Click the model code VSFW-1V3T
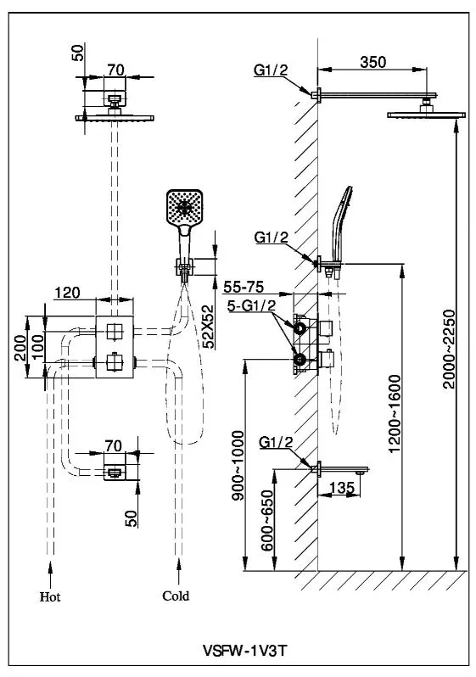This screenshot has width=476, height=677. [244, 650]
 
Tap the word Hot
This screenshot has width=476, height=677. [50, 597]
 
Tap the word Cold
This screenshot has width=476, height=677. [176, 596]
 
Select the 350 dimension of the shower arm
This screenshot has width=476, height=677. [373, 62]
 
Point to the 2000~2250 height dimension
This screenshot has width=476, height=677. [449, 349]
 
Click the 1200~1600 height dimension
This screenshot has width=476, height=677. [395, 414]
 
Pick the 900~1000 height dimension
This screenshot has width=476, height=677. [238, 465]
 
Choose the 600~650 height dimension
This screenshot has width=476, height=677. [268, 520]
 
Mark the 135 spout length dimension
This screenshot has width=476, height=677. [342, 488]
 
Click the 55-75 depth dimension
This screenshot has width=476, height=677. [244, 287]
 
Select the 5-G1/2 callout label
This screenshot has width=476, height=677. [252, 305]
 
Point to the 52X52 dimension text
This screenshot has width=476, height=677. [208, 327]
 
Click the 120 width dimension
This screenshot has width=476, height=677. [67, 293]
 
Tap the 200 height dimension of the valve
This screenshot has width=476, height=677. [20, 348]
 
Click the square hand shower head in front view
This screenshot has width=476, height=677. [184, 208]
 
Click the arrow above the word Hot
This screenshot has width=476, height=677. [51, 573]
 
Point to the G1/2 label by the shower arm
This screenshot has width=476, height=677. [271, 70]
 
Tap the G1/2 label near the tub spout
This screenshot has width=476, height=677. [276, 442]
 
